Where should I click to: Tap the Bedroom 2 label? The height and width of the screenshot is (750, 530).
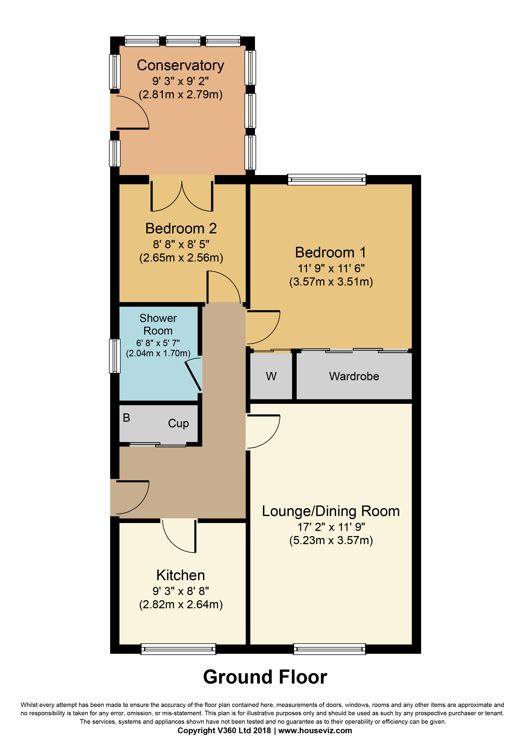click(x=181, y=228)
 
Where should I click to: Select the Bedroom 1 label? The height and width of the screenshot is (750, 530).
click(x=331, y=252)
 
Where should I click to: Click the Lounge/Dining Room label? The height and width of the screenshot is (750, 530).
click(x=331, y=511)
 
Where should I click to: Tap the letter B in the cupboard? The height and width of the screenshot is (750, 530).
click(x=126, y=418)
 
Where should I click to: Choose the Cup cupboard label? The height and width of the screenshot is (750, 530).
click(x=178, y=423)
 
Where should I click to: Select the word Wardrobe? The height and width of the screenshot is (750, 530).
click(x=354, y=376)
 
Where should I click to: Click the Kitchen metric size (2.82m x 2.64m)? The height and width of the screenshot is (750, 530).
click(x=181, y=604)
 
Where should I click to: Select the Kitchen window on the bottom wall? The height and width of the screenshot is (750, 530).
click(x=178, y=649)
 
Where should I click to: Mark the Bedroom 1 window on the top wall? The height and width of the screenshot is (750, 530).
click(x=327, y=179)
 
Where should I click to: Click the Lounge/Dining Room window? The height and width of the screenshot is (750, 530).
click(x=330, y=649)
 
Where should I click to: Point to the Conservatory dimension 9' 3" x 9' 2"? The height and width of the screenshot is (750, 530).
click(x=181, y=81)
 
